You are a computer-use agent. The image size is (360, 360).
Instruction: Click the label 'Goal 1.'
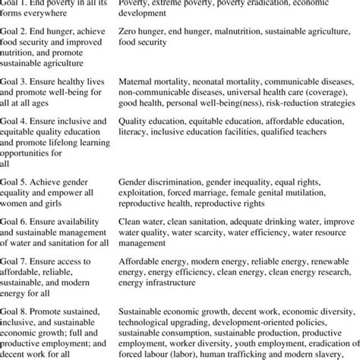click(x=15, y=3)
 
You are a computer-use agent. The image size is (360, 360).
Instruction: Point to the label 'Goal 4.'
click(x=15, y=120)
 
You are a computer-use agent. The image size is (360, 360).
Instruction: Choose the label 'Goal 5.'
click(x=15, y=182)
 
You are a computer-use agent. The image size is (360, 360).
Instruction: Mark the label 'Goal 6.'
click(x=15, y=221)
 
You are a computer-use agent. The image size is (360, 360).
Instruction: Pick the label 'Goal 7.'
click(x=15, y=260)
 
